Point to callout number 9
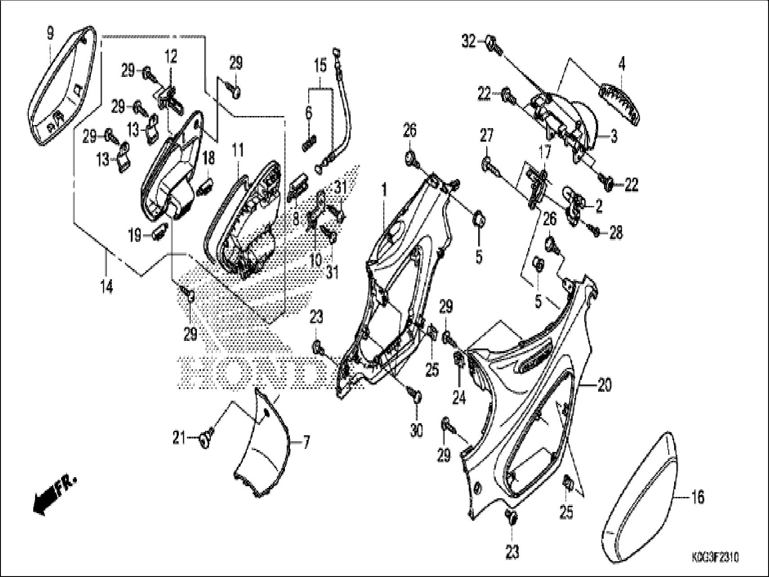pyautogui.click(x=50, y=32)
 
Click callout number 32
pyautogui.click(x=469, y=42)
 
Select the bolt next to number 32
pyautogui.click(x=492, y=45)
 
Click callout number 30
pyautogui.click(x=416, y=430)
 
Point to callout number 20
pyautogui.click(x=605, y=385)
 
